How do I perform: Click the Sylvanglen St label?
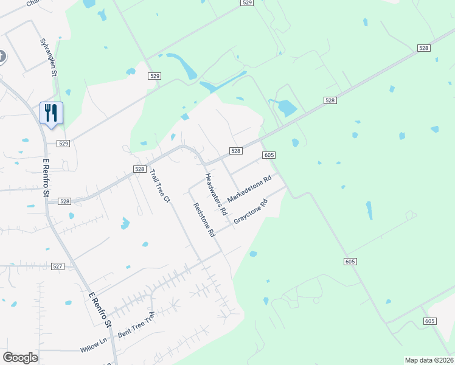coord(48,57)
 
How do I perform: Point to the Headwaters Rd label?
coord(215,195)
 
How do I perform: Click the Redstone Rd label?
coord(204,219)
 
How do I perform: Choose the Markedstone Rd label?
coord(249,190)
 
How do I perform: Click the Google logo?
coord(20,358)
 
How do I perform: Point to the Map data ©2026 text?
coord(429,360)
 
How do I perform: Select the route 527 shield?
coord(58,266)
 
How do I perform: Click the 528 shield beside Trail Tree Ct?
coord(139,169)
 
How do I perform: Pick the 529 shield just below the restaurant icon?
coord(64,144)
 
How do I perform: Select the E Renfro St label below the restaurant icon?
coord(45,178)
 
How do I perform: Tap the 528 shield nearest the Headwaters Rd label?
coord(236,151)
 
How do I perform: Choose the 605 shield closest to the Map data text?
coord(429,321)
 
